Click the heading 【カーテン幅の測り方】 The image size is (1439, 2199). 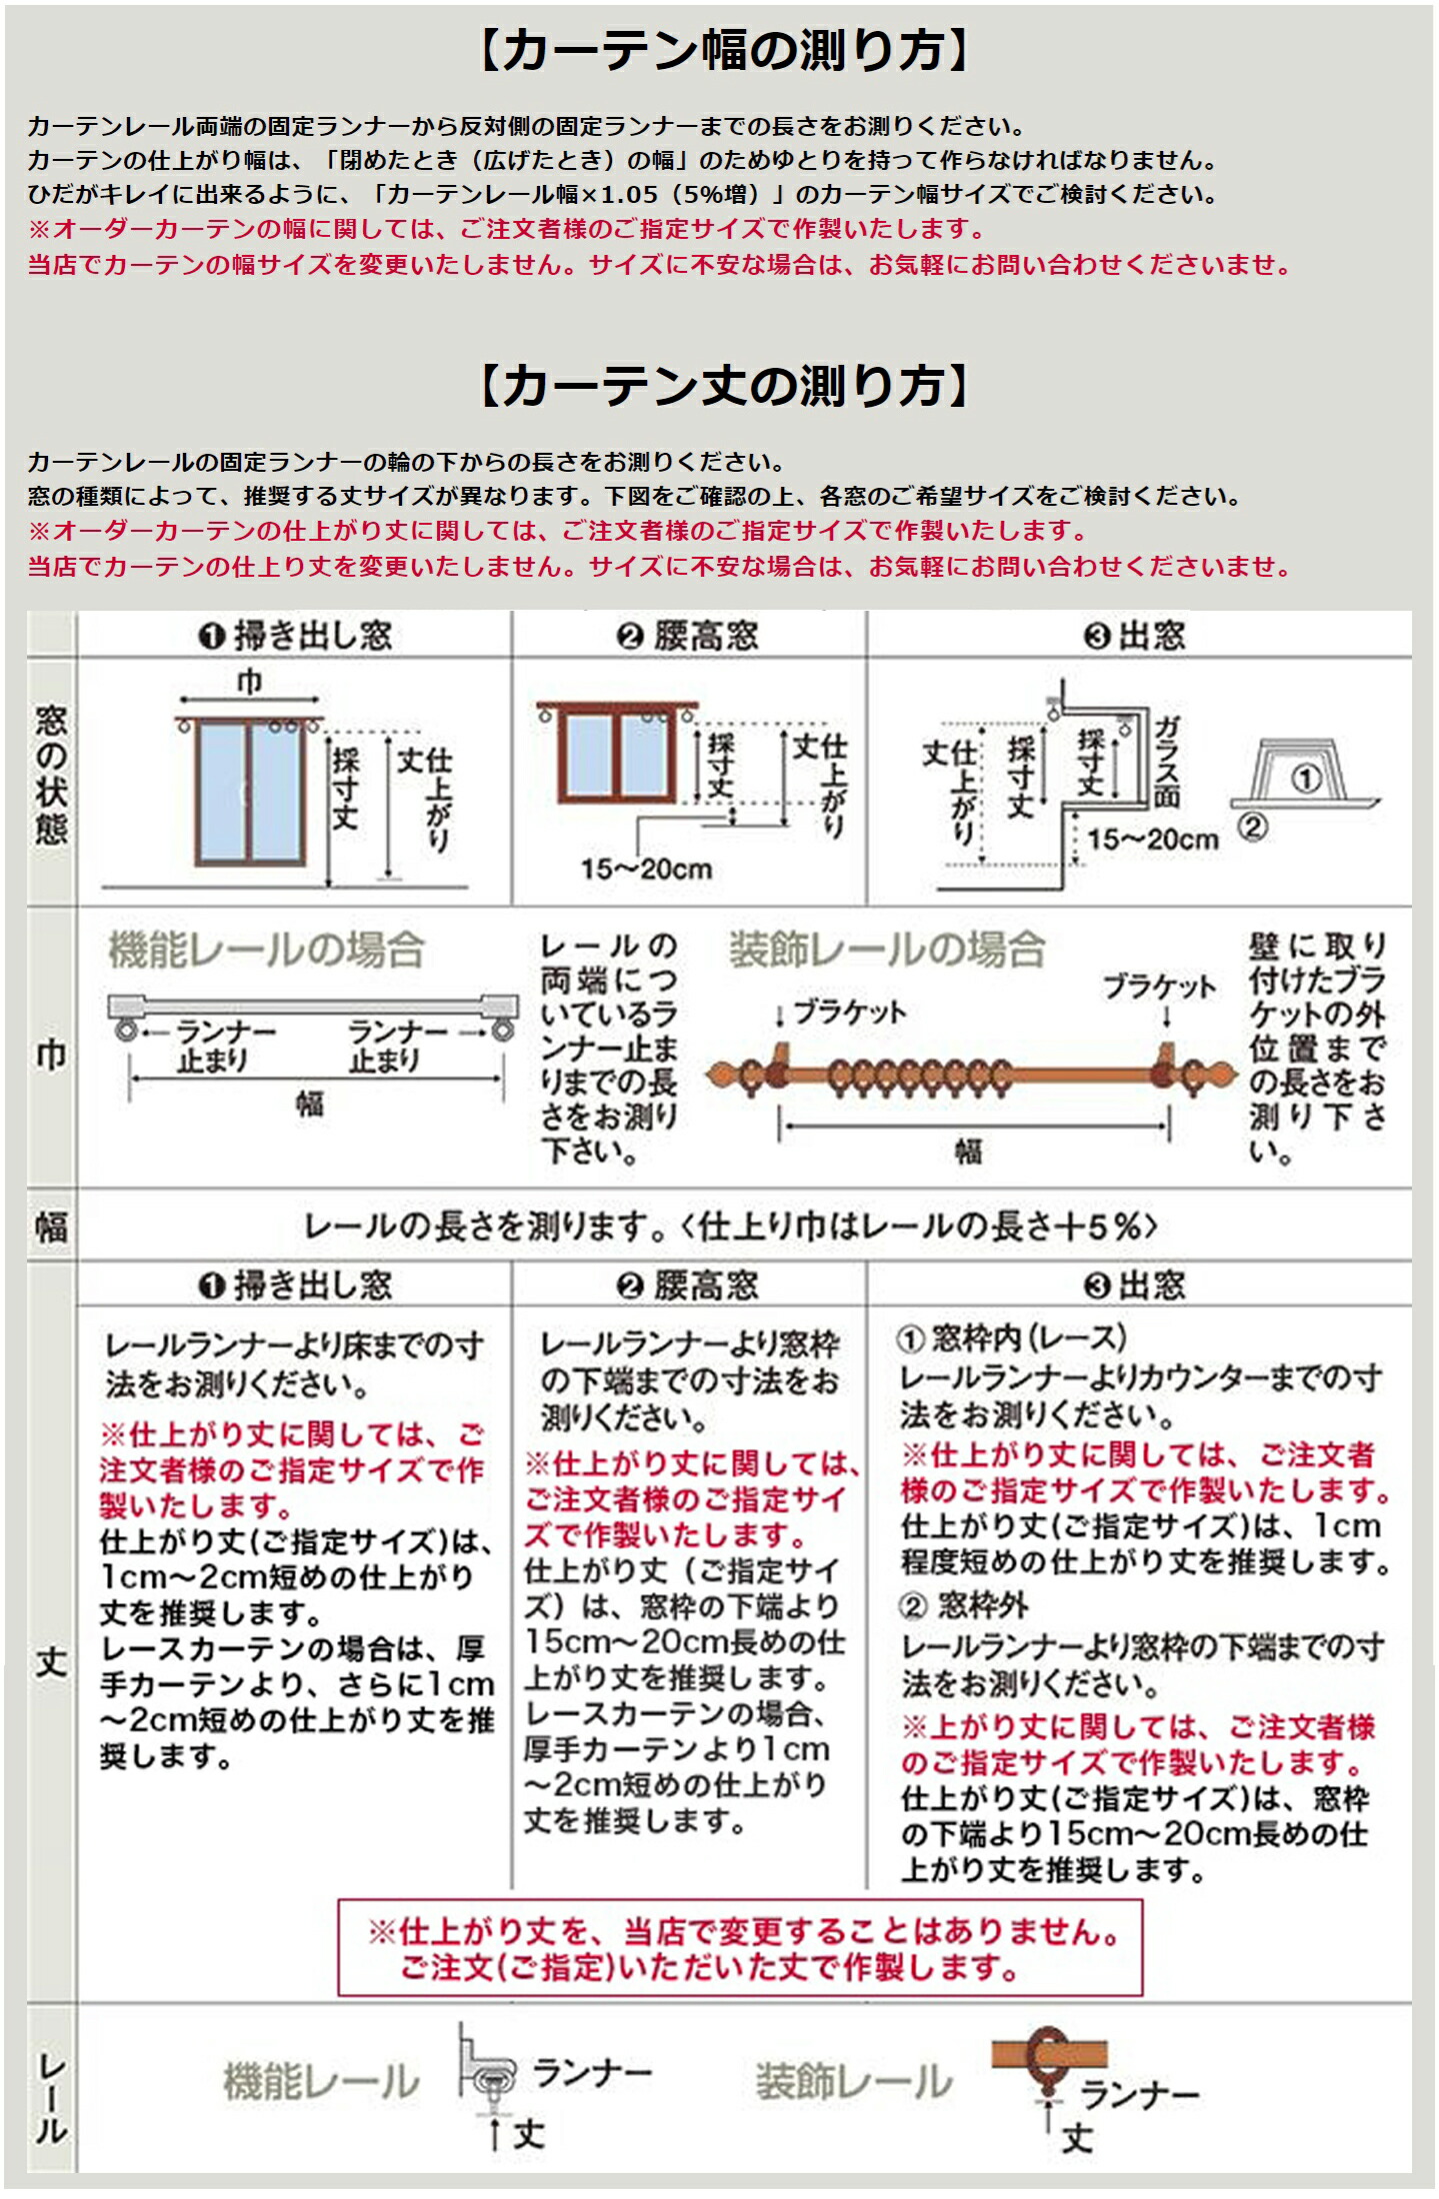[x=724, y=50]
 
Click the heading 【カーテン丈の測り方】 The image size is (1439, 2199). [x=724, y=386]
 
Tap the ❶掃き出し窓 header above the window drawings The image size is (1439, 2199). [x=295, y=636]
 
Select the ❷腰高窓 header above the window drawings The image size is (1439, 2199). [x=687, y=636]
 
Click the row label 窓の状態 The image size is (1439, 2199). [x=51, y=775]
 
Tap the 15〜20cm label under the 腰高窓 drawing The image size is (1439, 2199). [x=646, y=869]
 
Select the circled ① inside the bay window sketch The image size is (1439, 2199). [x=1305, y=779]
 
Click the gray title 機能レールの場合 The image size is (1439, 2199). [x=266, y=950]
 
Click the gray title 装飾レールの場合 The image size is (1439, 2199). [x=886, y=950]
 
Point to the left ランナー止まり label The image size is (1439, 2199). [x=212, y=1047]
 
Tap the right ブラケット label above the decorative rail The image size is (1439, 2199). [x=1159, y=987]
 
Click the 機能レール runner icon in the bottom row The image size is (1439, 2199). [x=487, y=2076]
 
